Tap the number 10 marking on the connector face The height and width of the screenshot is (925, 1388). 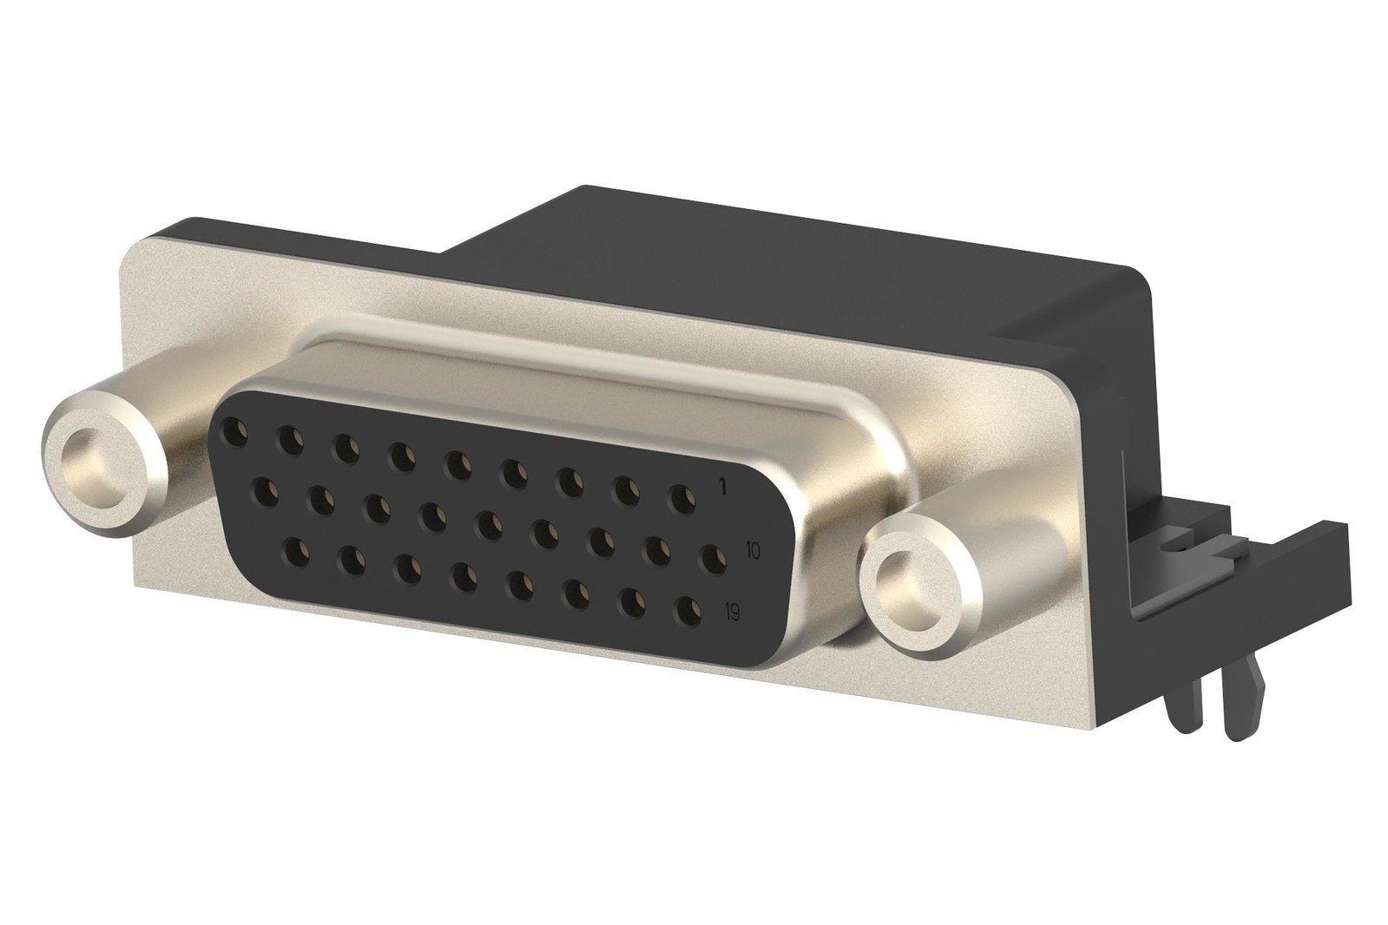click(x=753, y=549)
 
